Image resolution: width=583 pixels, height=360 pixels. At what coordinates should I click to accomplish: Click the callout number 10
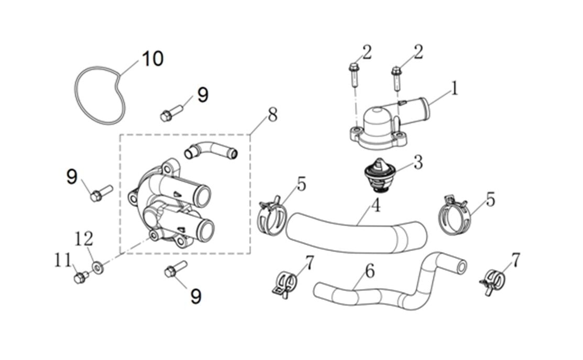[x=152, y=58]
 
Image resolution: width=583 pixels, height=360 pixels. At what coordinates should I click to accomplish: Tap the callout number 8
[x=272, y=115]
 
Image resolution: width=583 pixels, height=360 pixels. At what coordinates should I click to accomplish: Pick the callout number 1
[x=455, y=88]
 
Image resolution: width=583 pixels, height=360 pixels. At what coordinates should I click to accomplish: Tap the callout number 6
[x=370, y=271]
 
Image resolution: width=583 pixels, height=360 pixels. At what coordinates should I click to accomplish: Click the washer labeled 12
[x=97, y=268]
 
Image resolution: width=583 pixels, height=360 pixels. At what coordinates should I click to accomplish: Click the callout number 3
[x=417, y=162]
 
